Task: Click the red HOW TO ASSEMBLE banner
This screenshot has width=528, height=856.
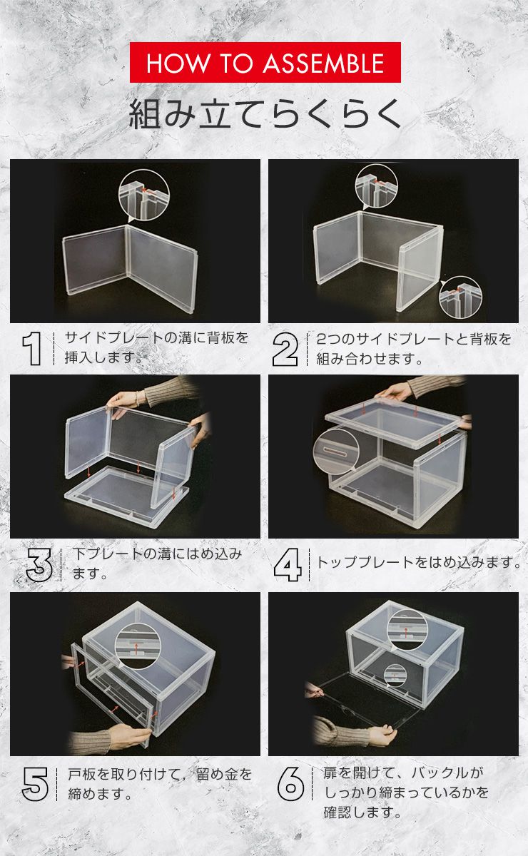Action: tap(265, 63)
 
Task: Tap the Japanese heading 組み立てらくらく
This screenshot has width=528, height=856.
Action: tap(265, 113)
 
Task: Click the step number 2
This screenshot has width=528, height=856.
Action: tap(285, 349)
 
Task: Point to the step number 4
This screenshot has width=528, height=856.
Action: tap(288, 564)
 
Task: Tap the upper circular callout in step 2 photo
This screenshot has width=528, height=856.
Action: tap(376, 186)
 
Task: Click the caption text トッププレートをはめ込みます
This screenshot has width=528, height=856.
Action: tap(418, 563)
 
